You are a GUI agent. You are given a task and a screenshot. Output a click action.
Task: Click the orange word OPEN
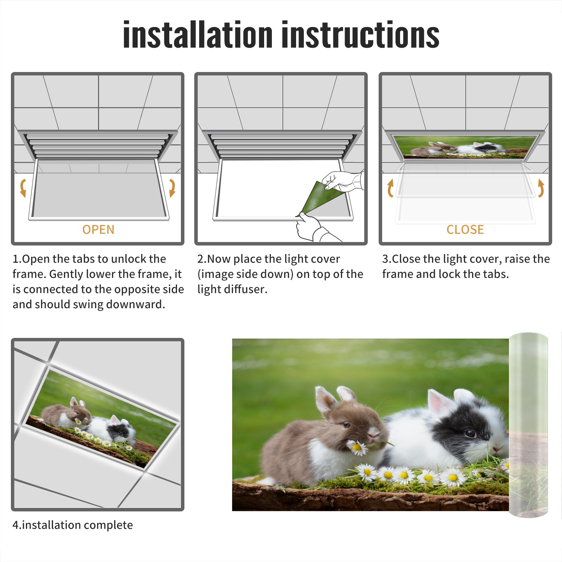tap(98, 230)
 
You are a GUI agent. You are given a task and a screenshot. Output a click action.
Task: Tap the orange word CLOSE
tap(465, 230)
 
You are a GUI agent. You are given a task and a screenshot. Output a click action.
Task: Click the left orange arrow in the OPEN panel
tap(23, 188)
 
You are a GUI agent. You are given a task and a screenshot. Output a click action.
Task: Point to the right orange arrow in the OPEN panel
tap(172, 188)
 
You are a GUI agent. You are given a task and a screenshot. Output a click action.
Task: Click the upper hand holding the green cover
tap(342, 181)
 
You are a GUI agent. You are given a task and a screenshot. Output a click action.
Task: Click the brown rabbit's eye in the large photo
tap(346, 425)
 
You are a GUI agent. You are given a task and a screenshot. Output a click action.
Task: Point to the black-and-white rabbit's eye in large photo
tap(470, 433)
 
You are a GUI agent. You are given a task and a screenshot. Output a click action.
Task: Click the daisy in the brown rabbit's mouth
tap(357, 447)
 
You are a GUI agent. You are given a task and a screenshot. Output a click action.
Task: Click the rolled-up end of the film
tap(528, 425)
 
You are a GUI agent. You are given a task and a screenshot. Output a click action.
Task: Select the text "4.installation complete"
tap(73, 525)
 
